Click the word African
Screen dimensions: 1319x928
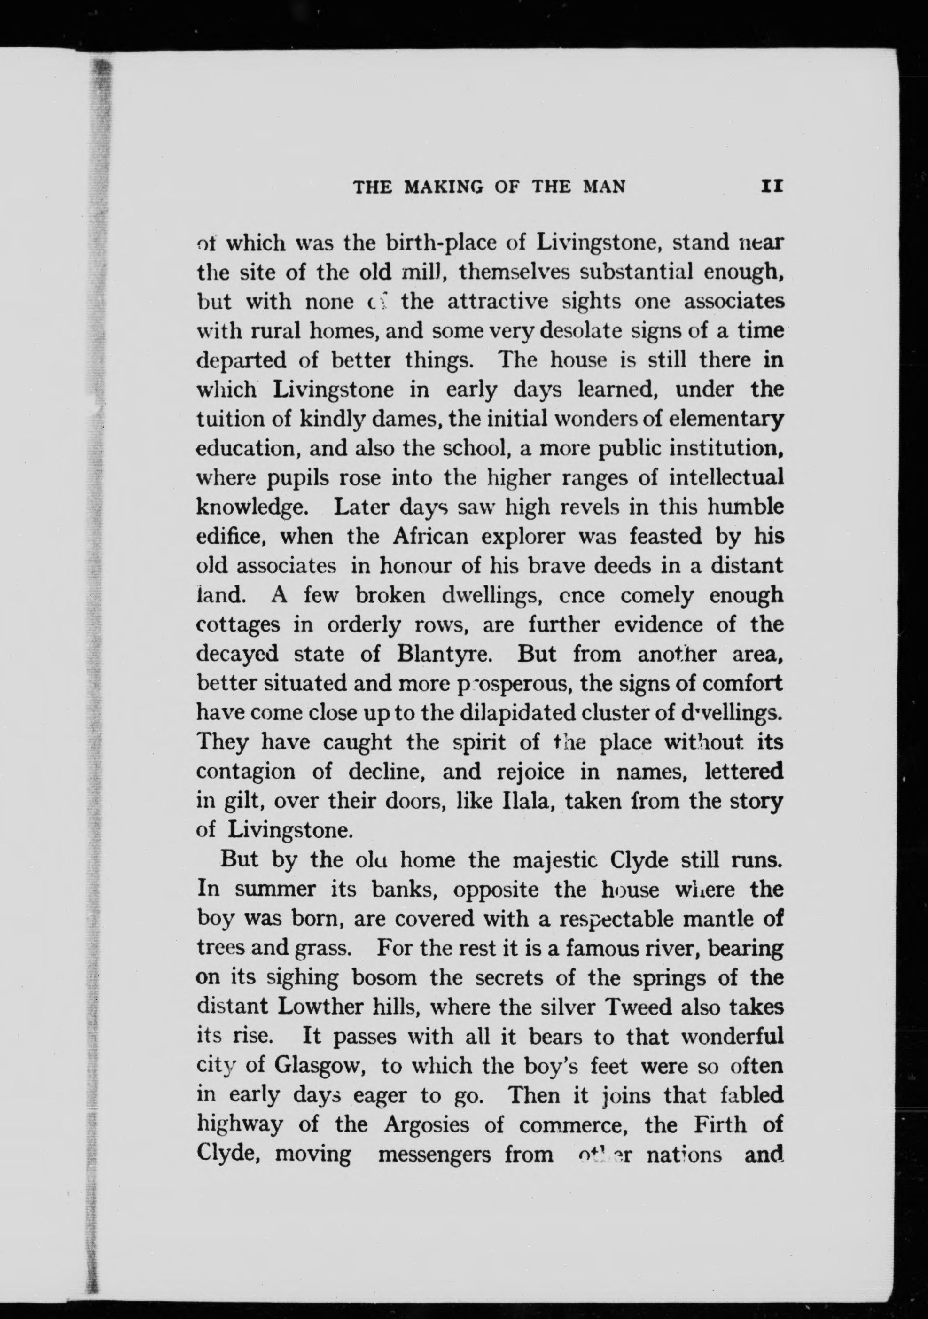431,536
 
